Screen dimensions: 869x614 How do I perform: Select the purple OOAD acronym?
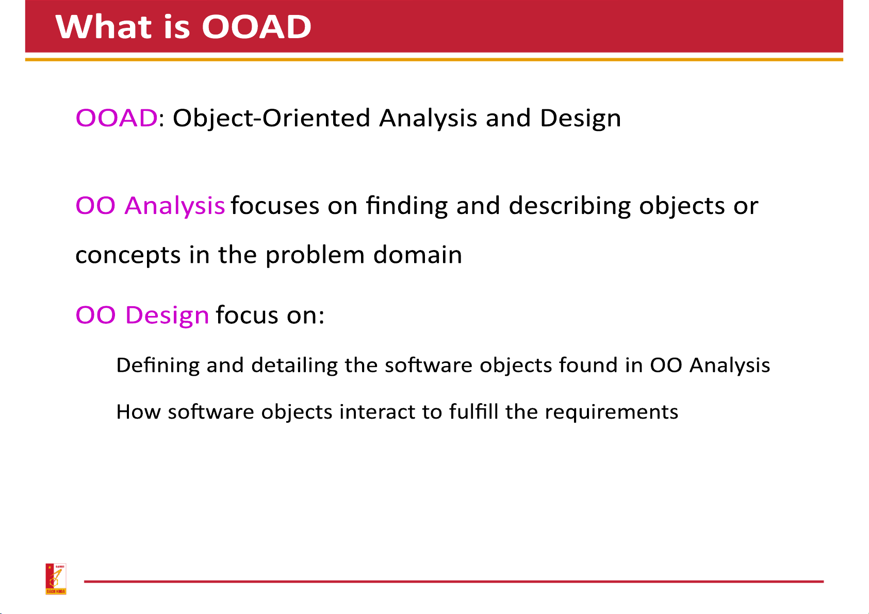(x=117, y=118)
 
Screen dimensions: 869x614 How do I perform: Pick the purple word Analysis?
(x=175, y=206)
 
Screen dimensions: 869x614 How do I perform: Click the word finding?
(x=407, y=206)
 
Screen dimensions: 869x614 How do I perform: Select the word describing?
(x=569, y=206)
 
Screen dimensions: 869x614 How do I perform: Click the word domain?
(x=417, y=255)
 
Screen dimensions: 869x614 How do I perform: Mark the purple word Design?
(x=167, y=316)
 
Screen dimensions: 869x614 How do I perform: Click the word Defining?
(x=158, y=366)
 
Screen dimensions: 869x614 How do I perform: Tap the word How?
(x=139, y=411)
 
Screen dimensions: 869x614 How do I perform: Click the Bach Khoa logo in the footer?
(x=56, y=579)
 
